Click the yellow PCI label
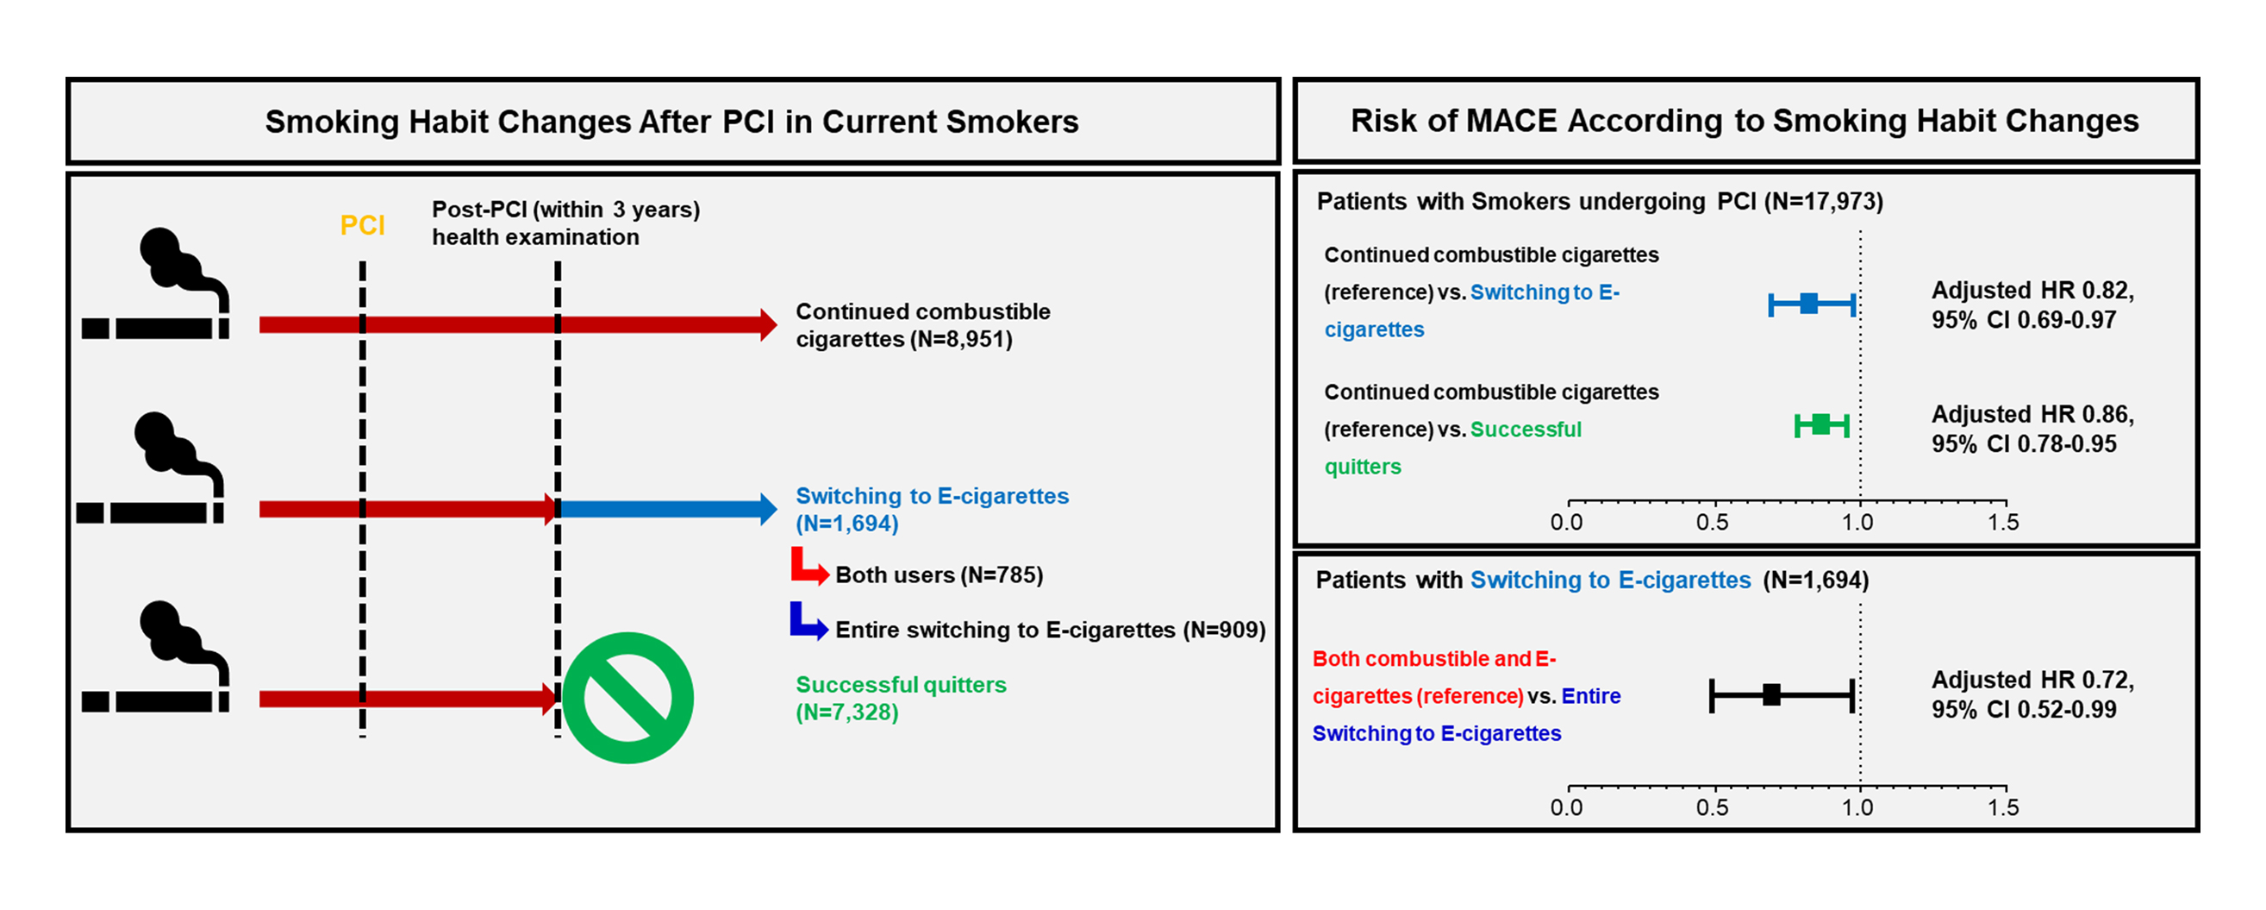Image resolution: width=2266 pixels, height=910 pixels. click(362, 225)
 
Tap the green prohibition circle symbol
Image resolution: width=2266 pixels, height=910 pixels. click(627, 698)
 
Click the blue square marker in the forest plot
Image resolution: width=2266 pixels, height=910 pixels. click(1808, 304)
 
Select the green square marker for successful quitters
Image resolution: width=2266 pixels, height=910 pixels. click(1821, 425)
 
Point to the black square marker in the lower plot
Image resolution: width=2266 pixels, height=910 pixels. click(1771, 694)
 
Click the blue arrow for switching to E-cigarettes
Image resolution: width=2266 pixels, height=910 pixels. click(667, 509)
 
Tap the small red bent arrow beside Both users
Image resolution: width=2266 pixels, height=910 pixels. click(808, 567)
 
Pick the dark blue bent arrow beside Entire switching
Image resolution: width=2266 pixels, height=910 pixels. click(808, 621)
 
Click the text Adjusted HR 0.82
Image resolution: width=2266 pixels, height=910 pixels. click(2032, 291)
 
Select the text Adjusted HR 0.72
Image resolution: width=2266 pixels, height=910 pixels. click(2032, 681)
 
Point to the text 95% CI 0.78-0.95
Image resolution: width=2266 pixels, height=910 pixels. click(2023, 443)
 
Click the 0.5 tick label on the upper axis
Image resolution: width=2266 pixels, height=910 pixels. click(1712, 523)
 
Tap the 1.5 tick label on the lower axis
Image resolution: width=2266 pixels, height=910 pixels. click(2003, 808)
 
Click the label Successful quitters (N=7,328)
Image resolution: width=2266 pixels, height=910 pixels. click(900, 698)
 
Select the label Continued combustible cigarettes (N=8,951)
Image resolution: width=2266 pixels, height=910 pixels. click(922, 326)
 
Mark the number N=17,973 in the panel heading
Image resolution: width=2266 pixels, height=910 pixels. click(1826, 202)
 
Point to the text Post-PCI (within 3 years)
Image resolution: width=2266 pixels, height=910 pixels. click(565, 210)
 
